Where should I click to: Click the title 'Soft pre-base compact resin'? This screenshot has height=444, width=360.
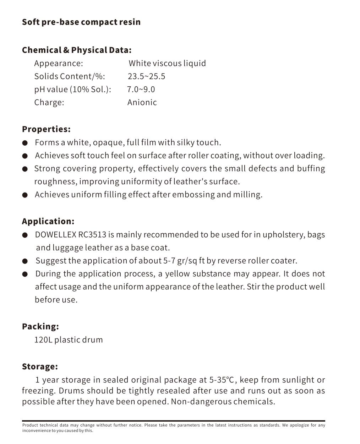(81, 22)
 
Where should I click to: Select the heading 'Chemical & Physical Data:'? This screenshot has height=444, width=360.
(77, 50)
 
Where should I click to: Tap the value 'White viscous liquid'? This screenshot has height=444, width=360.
(167, 63)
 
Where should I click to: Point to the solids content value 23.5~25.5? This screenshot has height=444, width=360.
(146, 76)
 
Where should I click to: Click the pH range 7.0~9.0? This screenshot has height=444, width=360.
(141, 89)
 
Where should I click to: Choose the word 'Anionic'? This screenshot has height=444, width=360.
(142, 102)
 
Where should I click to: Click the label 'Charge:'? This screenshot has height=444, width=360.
(49, 102)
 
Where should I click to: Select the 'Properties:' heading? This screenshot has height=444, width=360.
(46, 129)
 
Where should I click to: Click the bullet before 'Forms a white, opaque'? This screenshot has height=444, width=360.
(25, 143)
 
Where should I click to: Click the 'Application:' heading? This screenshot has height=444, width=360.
(48, 221)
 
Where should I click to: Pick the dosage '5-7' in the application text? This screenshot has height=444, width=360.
(169, 261)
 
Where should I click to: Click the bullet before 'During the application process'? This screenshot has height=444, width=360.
(25, 274)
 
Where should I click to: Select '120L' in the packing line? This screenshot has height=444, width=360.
(43, 340)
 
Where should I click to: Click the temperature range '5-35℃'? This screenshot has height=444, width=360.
(222, 380)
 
